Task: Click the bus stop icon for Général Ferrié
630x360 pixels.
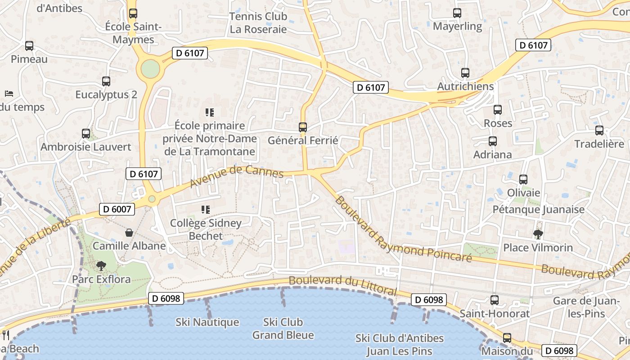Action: (303, 127)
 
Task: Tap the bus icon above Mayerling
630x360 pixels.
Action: (457, 13)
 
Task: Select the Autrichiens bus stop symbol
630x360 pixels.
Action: (465, 73)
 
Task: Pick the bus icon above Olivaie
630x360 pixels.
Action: (523, 180)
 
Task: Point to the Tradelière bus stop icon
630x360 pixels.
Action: (599, 130)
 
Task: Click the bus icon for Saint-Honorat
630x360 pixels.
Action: (495, 300)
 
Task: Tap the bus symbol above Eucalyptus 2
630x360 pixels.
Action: (106, 81)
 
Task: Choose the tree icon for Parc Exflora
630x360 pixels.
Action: (101, 266)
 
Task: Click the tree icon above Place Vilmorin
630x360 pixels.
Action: (538, 234)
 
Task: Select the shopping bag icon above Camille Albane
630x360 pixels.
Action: (129, 233)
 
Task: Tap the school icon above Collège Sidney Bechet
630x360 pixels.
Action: (206, 209)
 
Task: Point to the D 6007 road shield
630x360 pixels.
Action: (117, 209)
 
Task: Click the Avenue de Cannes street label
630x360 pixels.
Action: (237, 175)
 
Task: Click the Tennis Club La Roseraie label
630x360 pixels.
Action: (258, 23)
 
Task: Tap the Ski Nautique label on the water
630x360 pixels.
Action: (207, 322)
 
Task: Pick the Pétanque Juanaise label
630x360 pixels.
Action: (539, 209)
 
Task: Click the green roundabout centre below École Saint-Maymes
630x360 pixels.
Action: (150, 69)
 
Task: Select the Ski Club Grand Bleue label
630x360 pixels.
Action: (283, 328)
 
